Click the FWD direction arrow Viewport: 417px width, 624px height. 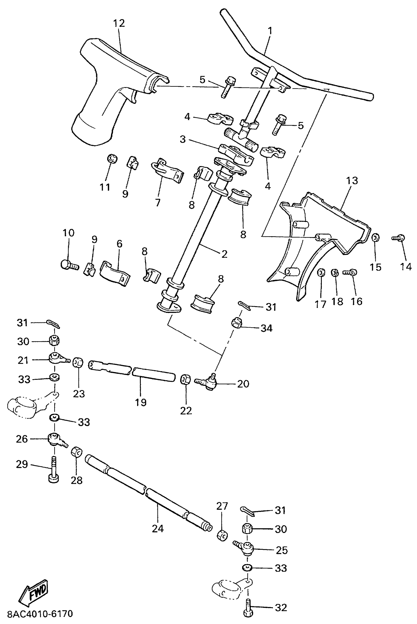point(34,591)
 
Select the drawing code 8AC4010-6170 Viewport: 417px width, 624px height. point(40,614)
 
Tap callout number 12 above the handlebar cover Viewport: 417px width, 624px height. point(119,23)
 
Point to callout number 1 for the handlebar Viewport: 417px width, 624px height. point(270,31)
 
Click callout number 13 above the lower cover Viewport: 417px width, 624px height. point(352,181)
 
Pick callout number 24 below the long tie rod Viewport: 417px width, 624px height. point(158,528)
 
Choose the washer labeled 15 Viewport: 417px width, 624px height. point(375,237)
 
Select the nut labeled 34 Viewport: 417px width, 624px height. point(236,323)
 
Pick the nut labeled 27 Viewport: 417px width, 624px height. point(222,535)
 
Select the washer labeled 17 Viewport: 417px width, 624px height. point(321,272)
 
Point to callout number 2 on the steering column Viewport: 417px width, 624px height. point(224,254)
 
